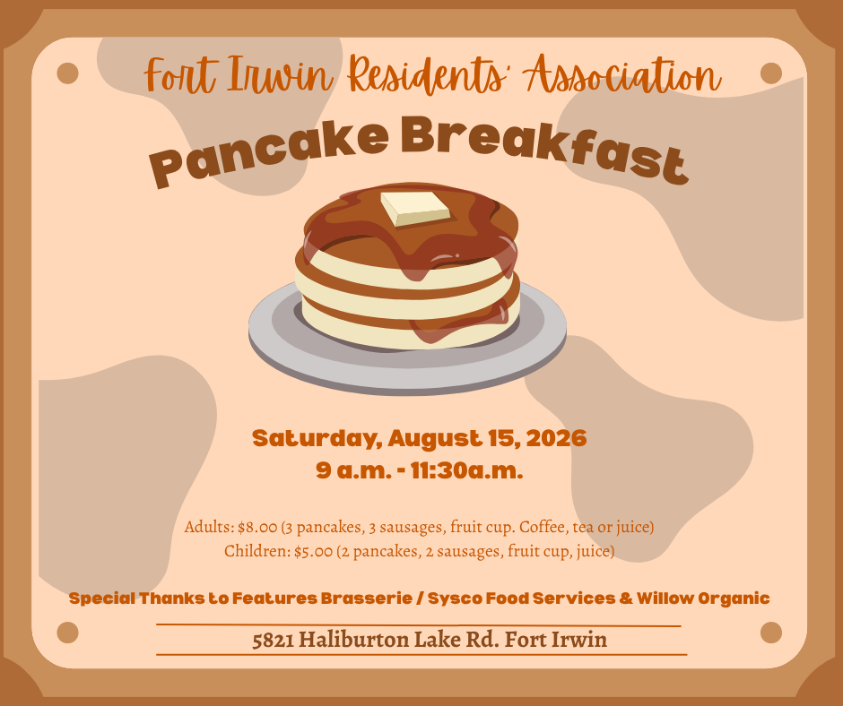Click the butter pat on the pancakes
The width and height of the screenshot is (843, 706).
[x=415, y=209]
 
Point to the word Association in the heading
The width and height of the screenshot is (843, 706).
[x=623, y=74]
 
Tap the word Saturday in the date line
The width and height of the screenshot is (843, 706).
[x=317, y=439]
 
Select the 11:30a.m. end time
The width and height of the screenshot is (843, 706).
[x=466, y=470]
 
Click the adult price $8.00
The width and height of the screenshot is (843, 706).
[x=257, y=527]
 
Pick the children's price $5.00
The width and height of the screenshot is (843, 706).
[x=314, y=551]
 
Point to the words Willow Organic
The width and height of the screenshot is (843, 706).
[x=703, y=598]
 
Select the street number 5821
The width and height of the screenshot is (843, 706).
[x=273, y=640]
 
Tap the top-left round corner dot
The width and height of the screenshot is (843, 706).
[x=68, y=73]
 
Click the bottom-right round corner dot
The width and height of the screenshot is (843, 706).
[x=771, y=633]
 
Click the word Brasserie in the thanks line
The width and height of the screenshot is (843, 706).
[x=367, y=598]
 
